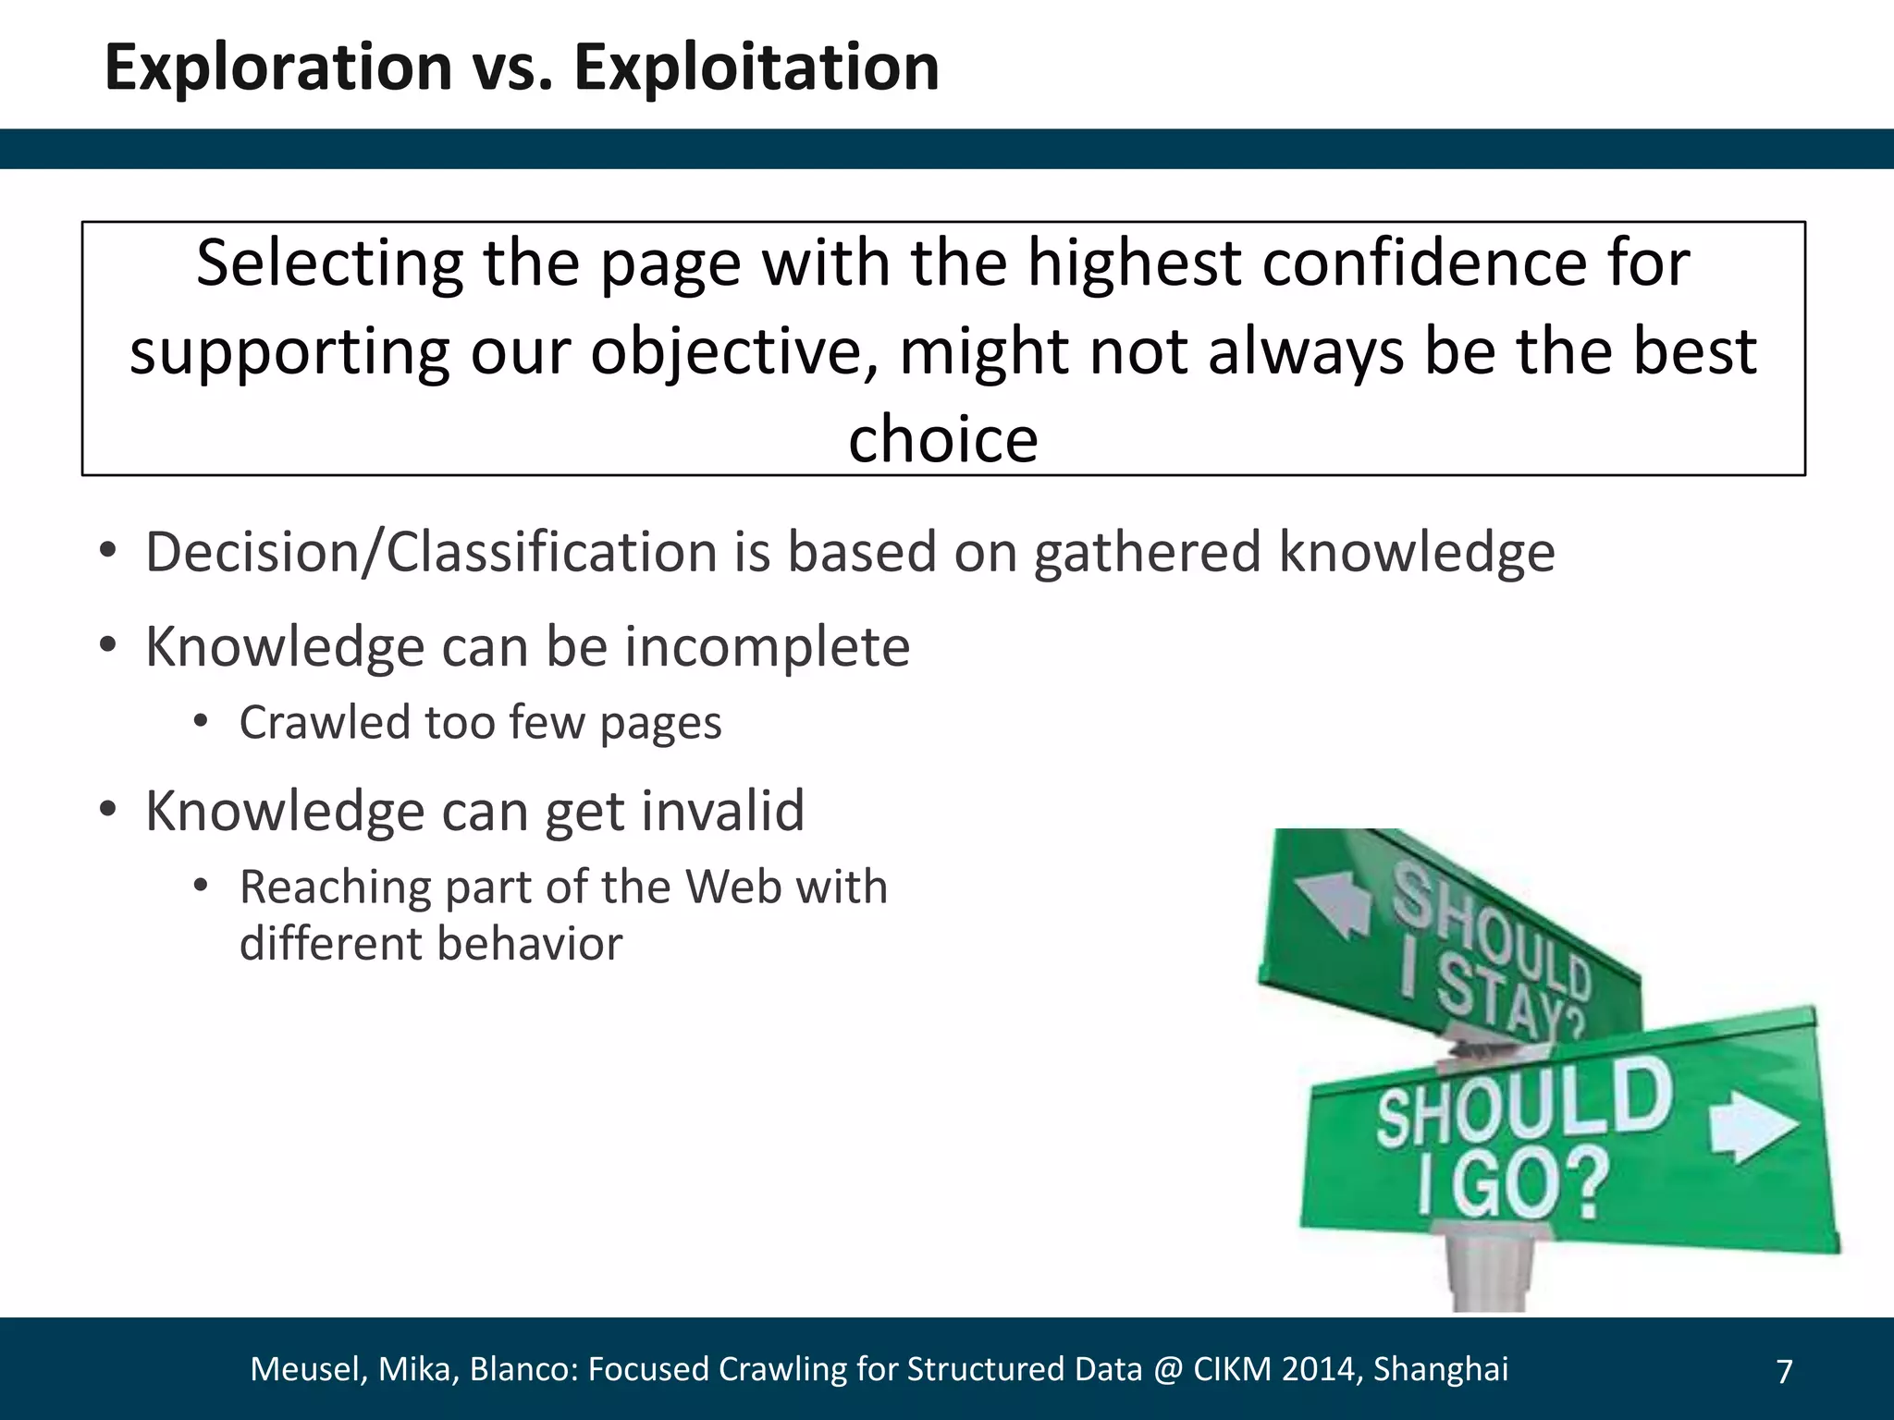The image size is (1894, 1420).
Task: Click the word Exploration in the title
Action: (x=277, y=67)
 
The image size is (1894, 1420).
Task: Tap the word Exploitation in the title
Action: (x=756, y=67)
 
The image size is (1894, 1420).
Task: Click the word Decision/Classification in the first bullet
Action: (x=431, y=552)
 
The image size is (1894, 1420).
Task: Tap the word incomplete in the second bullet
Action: (x=767, y=646)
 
